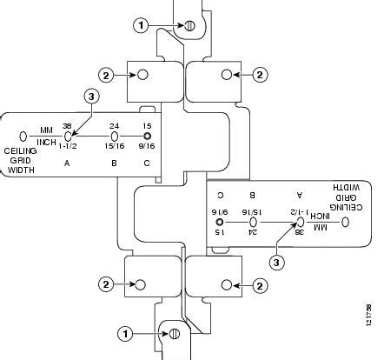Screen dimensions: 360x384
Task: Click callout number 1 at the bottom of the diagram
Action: pos(127,332)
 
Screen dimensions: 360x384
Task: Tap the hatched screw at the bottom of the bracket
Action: pos(173,332)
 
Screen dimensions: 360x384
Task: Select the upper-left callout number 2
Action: pos(105,76)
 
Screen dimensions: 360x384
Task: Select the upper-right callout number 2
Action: pos(260,76)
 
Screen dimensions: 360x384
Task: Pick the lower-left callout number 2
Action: pos(105,284)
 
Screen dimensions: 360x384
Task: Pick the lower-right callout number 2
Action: pos(260,284)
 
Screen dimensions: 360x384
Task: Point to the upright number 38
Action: pos(67,126)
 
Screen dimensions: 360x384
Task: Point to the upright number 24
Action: pos(113,126)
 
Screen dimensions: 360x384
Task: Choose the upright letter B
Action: pos(113,163)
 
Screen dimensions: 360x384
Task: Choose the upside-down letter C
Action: pos(219,196)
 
